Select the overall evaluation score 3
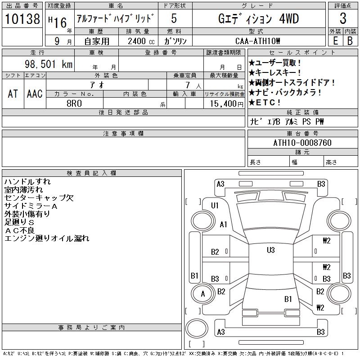pos(343,19)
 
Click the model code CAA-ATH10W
pos(259,41)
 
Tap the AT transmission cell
pos(13,94)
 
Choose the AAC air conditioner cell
pos(35,94)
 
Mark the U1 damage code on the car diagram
pos(215,206)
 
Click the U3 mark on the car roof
pos(270,250)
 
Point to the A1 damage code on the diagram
pos(224,225)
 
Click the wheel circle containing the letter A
pos(203,294)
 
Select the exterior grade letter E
pos(335,40)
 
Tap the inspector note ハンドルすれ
pos(27,182)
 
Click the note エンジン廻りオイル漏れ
pos(47,238)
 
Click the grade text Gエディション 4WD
pos(258,19)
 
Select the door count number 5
pos(174,19)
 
